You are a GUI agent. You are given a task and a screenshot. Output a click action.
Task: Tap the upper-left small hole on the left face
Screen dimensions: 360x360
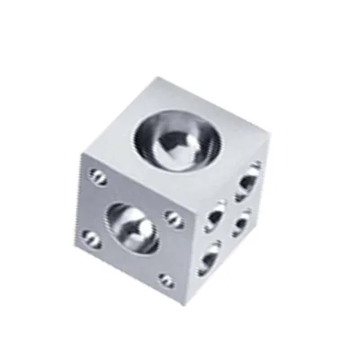97,176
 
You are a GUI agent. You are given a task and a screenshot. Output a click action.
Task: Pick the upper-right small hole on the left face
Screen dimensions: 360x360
175,219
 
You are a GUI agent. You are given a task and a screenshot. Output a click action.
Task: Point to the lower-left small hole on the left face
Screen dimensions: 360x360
91,238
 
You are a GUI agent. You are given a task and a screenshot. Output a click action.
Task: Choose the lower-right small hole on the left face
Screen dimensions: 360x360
166,280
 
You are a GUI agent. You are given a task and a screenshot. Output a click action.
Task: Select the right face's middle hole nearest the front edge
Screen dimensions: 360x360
213,217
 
